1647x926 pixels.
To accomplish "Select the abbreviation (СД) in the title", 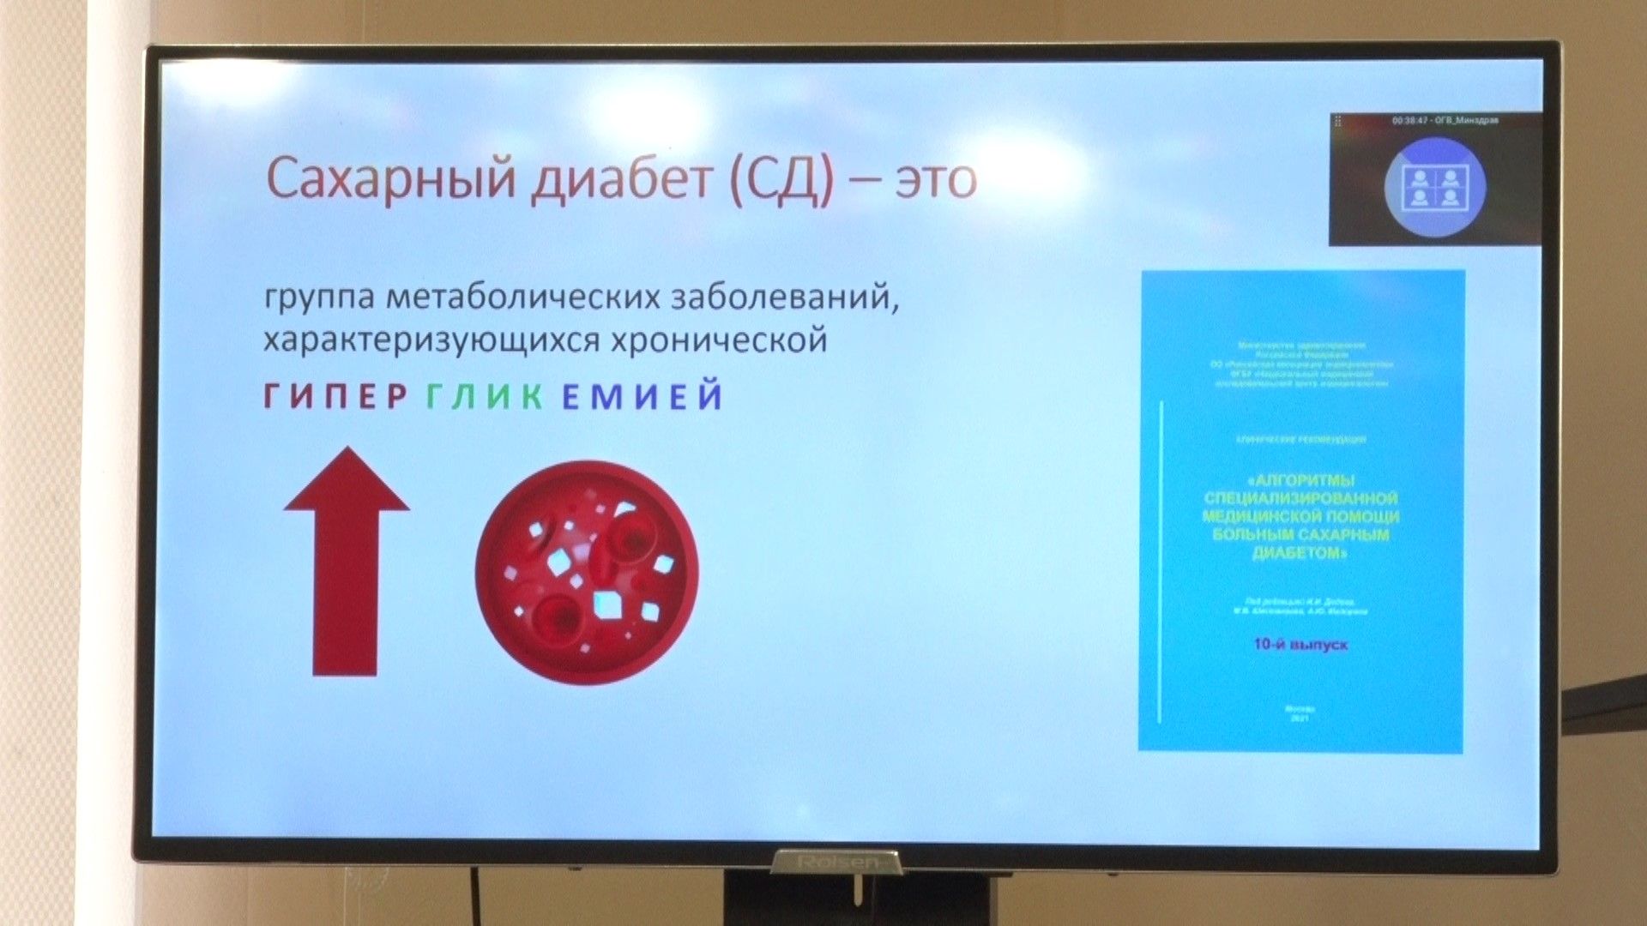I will pyautogui.click(x=781, y=179).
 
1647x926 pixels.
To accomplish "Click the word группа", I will pyautogui.click(x=318, y=299).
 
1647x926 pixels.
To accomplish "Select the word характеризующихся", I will pyautogui.click(x=431, y=340).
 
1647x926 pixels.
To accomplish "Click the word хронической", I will pyautogui.click(x=719, y=340).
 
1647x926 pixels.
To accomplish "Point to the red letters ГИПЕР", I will pyautogui.click(x=335, y=396).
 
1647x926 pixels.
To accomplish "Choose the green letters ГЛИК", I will pyautogui.click(x=485, y=396).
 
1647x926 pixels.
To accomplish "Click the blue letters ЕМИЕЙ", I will pyautogui.click(x=643, y=396).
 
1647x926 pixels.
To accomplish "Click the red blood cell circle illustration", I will pyautogui.click(x=587, y=572).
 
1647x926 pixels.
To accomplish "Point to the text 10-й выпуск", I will pyautogui.click(x=1300, y=644).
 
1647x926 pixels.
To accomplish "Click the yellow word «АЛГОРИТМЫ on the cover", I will pyautogui.click(x=1300, y=480).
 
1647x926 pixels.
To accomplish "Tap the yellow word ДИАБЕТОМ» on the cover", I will pyautogui.click(x=1300, y=553).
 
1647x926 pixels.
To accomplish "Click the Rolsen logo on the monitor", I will pyautogui.click(x=837, y=860).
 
